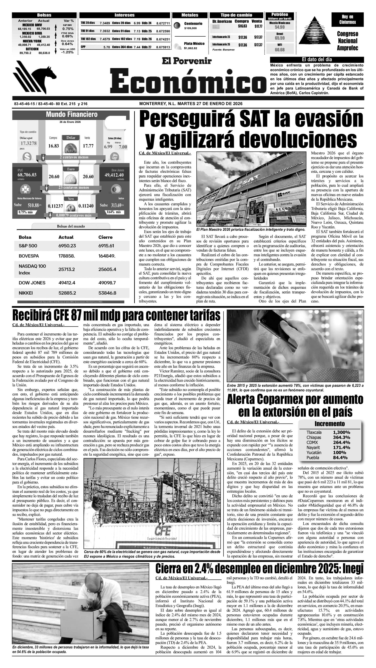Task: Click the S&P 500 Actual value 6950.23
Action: click(67, 245)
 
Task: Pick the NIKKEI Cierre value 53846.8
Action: click(107, 293)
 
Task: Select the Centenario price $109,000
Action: click(190, 28)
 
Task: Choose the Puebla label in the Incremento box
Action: click(313, 457)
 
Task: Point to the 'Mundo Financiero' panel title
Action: click(72, 114)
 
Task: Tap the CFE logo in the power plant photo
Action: click(163, 530)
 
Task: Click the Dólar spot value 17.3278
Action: click(29, 143)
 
